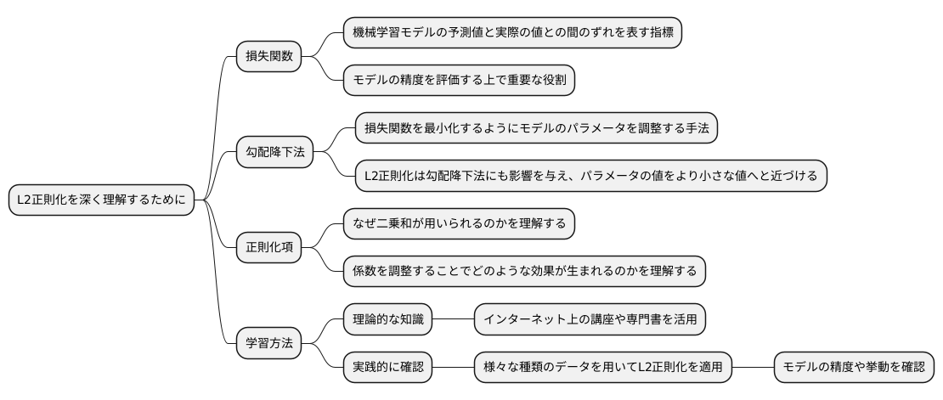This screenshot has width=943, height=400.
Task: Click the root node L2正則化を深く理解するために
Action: coord(100,200)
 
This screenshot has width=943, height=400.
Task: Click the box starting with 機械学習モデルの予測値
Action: coord(512,33)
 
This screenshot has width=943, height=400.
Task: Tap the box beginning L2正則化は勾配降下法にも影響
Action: coord(591,177)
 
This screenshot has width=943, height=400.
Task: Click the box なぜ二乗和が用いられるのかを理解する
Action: coord(459,224)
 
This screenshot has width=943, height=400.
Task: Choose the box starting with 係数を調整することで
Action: coord(524,272)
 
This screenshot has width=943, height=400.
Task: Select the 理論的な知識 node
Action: coord(387,319)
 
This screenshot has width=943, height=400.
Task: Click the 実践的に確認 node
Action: coord(387,368)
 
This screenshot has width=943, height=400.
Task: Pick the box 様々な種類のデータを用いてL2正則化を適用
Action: coord(602,368)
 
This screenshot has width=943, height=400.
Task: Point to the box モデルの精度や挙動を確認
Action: coord(854,368)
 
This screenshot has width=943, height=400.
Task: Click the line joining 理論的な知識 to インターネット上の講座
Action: coord(453,319)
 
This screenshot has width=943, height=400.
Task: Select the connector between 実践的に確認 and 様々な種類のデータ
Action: coord(453,368)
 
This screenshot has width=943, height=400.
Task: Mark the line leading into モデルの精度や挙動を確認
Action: coord(753,368)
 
